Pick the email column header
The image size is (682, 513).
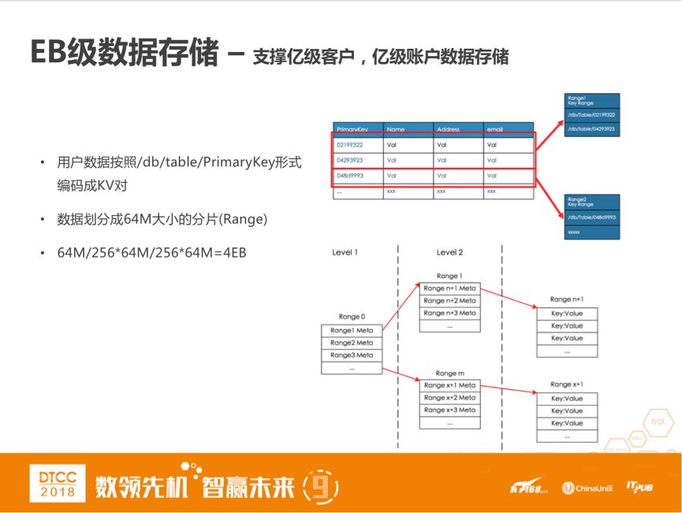[495, 129]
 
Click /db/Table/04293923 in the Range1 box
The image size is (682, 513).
[591, 128]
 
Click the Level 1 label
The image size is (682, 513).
[345, 252]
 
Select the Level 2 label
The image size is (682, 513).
[449, 252]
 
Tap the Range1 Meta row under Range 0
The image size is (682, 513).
[352, 330]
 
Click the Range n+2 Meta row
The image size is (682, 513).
[449, 300]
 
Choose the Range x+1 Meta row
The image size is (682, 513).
[449, 385]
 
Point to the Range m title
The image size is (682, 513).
[449, 373]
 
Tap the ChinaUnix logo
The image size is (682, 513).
[587, 488]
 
